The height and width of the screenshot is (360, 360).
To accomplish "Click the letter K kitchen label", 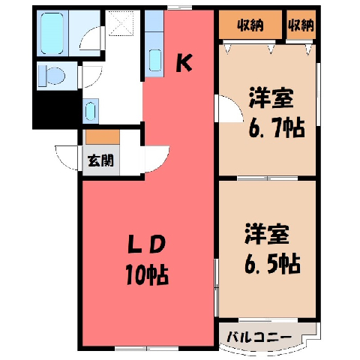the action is (x=184, y=64).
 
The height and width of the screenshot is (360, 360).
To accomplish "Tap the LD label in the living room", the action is (x=147, y=244).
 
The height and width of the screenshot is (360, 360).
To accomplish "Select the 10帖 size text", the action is (x=147, y=275).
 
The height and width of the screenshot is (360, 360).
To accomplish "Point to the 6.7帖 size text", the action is (x=277, y=127).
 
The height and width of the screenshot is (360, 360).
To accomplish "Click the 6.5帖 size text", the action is (x=272, y=264).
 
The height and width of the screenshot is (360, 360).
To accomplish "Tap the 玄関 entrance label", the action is (x=100, y=160).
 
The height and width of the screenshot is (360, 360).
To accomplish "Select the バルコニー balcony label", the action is (x=259, y=337).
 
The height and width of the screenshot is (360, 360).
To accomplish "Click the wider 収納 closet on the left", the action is (x=250, y=25).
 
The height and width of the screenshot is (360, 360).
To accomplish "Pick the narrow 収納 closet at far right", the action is (x=301, y=25).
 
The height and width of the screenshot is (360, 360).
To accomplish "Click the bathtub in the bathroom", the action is (x=52, y=33).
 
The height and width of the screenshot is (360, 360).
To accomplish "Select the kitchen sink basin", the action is (x=155, y=60).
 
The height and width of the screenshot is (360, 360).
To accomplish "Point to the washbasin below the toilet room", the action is (x=90, y=111).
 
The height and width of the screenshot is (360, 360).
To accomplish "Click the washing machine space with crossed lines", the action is (x=121, y=23).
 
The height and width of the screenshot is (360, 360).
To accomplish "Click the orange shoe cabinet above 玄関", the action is (x=103, y=136).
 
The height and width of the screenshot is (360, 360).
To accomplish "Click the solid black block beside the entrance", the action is (x=56, y=109).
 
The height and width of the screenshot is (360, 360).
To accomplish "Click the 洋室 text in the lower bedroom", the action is (x=267, y=234).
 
